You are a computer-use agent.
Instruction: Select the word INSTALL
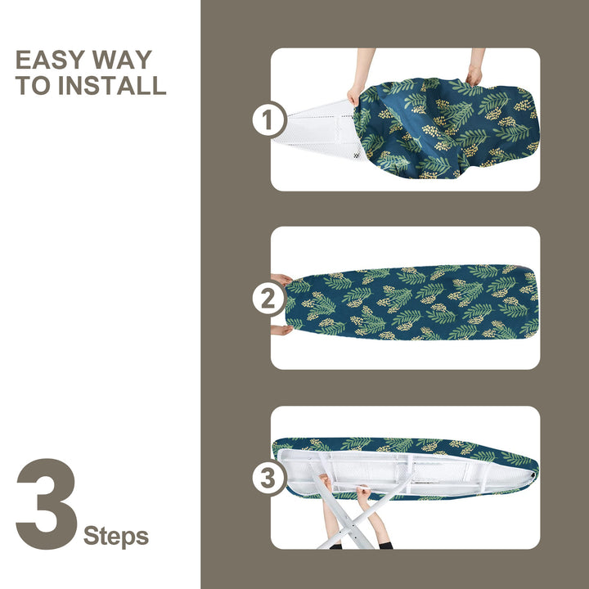coord(110,85)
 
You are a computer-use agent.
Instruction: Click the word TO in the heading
coord(33,85)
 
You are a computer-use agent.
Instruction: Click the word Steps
coord(116,537)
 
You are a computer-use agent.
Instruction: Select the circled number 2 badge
coord(268,299)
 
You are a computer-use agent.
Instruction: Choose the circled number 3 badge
coord(268,478)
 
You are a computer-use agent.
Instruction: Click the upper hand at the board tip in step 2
coord(281,280)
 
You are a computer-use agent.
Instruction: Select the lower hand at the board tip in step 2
coord(281,330)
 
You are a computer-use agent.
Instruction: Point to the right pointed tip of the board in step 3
coord(532,461)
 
